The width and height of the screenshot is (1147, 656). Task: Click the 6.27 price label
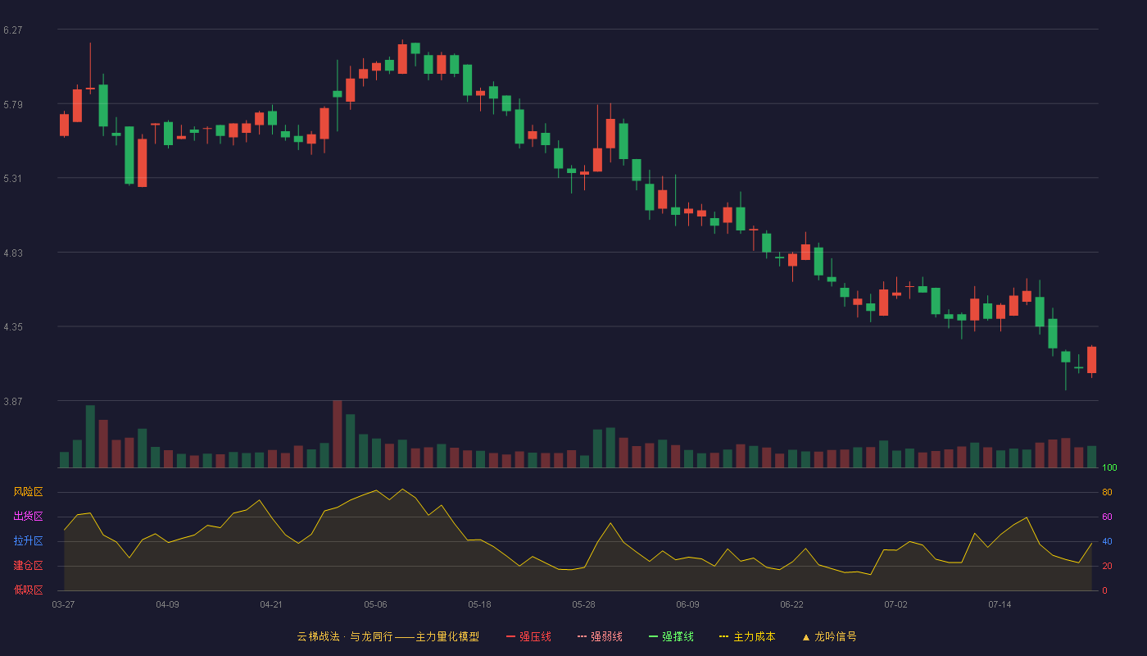tap(13, 30)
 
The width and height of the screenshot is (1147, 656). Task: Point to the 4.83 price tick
tap(13, 253)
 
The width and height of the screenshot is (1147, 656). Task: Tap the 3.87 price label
tap(13, 401)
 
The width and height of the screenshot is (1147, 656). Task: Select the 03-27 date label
tap(64, 605)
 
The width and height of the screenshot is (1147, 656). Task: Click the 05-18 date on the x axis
tap(479, 605)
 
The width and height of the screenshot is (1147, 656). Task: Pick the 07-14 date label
tap(1000, 605)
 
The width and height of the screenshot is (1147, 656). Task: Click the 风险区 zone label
tap(28, 492)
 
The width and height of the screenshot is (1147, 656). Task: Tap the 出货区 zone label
tap(28, 516)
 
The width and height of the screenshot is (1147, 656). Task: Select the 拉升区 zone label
tap(28, 540)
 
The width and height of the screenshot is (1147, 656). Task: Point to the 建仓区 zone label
tap(28, 565)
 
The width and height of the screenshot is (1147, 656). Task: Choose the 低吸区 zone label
tap(28, 590)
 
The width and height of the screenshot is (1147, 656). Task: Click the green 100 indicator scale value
tap(1109, 467)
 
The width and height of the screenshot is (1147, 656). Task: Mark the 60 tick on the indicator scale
tap(1107, 517)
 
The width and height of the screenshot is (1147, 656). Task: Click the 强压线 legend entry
tap(528, 636)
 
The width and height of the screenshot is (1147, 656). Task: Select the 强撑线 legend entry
tap(671, 636)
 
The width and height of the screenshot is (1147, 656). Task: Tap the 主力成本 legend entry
tap(747, 636)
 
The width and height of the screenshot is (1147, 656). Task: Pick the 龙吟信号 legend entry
tap(829, 636)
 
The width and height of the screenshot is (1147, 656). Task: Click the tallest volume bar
tap(338, 434)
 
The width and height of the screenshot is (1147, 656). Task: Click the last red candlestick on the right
tap(1091, 360)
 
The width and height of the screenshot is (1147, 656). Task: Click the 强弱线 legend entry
tap(600, 636)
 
